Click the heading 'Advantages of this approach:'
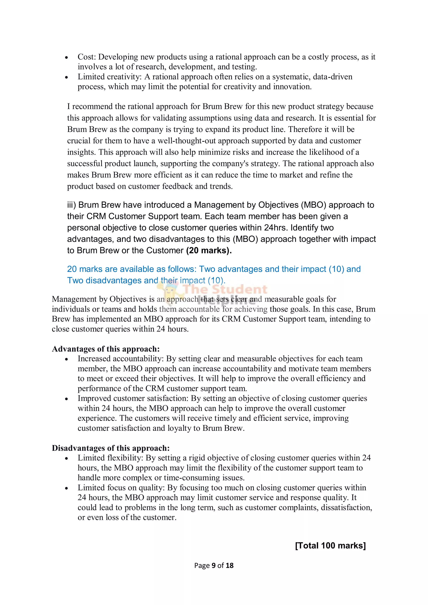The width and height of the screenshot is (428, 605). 106,349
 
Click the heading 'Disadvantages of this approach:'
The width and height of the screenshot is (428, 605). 111,448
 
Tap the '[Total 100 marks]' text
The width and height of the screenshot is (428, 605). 330,545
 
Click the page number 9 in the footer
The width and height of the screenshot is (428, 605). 214,566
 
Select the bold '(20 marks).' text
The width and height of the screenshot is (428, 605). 209,250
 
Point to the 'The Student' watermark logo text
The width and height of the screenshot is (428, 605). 225,289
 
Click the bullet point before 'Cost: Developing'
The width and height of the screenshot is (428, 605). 66,57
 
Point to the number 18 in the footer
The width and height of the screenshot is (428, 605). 229,566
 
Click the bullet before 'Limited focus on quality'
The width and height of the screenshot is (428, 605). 66,488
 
